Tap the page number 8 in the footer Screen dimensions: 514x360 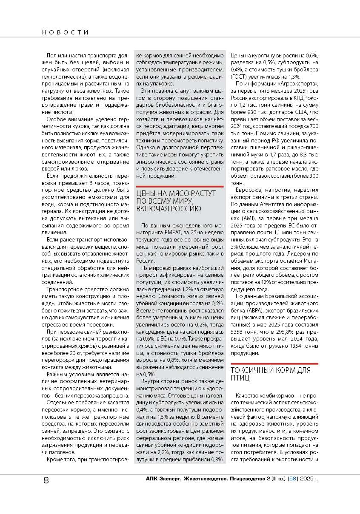pos(46,480)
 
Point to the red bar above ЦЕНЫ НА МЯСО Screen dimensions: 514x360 pos(179,186)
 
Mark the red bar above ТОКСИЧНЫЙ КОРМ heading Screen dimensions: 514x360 pos(274,363)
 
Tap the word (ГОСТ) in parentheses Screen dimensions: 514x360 pos(240,77)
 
